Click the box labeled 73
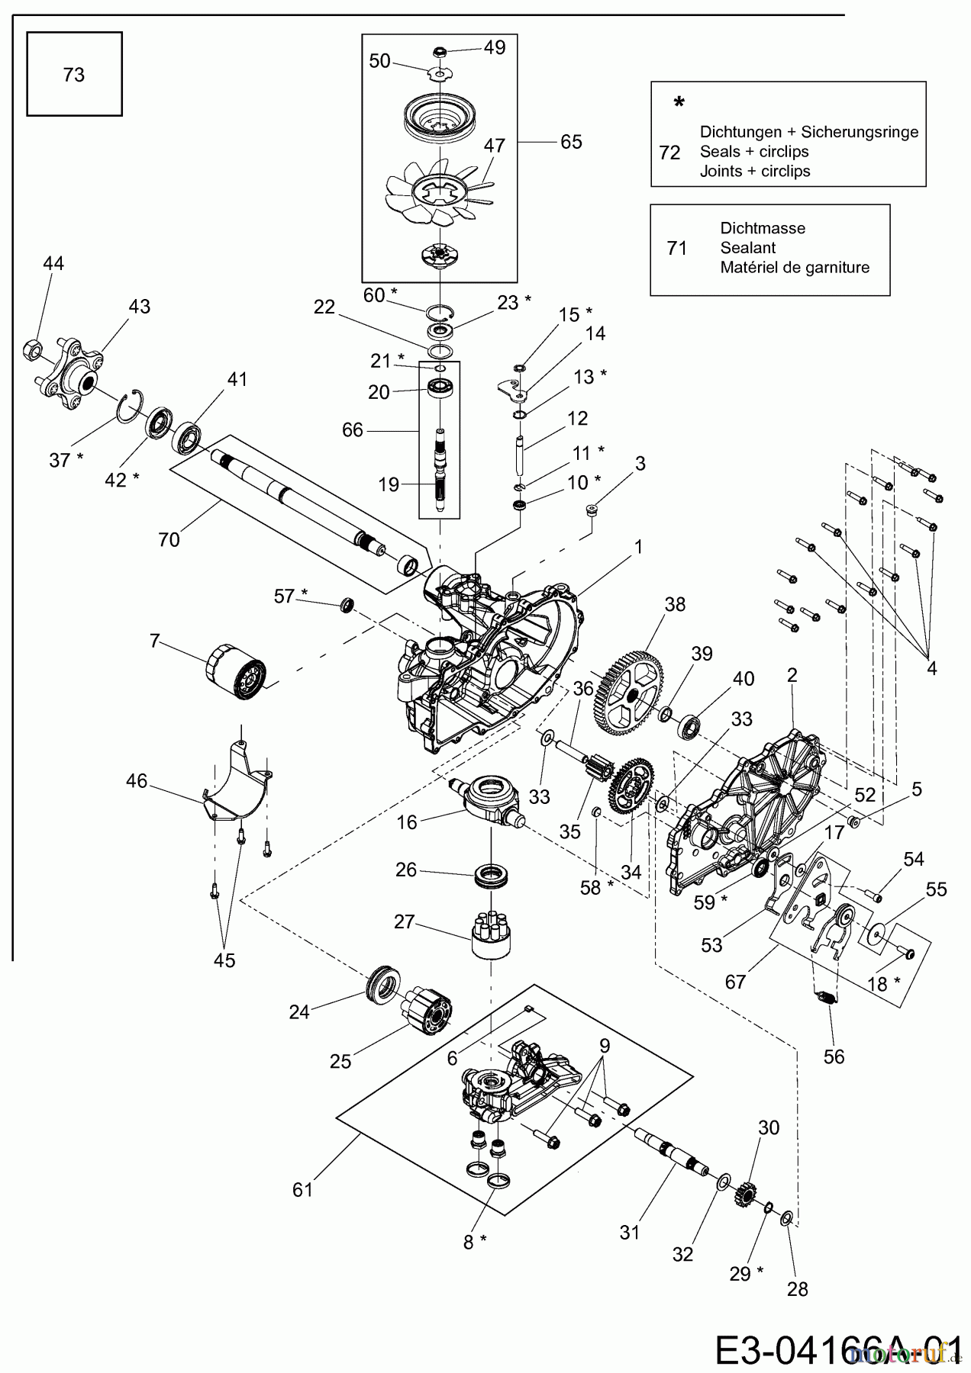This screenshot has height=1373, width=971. coord(74,74)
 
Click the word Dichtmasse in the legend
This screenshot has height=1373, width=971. coord(762,228)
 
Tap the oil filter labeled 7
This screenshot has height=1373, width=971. coord(237,671)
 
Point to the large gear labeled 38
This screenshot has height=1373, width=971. coord(632,691)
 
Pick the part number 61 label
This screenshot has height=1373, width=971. coord(303,1189)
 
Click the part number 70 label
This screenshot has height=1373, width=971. coord(169,539)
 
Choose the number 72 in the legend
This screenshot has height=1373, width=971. coord(669,153)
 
